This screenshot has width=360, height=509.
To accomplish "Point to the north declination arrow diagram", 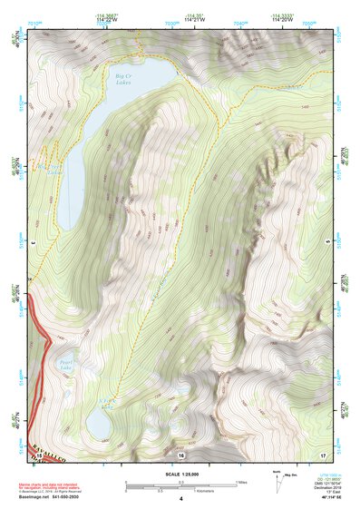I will click(277, 480).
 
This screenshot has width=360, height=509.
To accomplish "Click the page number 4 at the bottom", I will click(180, 499).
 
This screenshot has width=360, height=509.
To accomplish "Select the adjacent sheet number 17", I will click(322, 453).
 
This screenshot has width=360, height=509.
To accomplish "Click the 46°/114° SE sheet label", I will click(321, 498).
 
